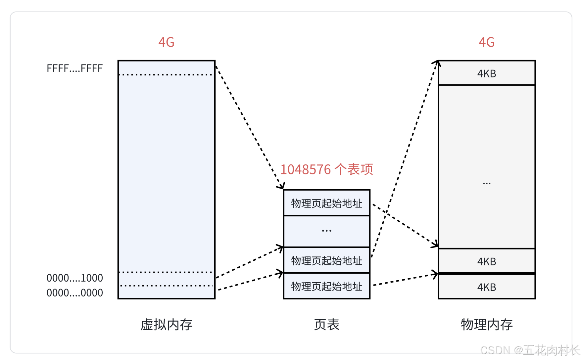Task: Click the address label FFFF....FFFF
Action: [74, 68]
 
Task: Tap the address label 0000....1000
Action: [74, 278]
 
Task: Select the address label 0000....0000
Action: [74, 293]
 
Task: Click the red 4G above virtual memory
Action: [166, 42]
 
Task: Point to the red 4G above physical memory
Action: [486, 42]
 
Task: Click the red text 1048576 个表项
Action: [326, 169]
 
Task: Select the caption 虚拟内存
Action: [166, 325]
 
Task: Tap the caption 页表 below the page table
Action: [326, 325]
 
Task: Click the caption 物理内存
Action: [486, 325]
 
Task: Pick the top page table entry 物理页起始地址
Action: [326, 203]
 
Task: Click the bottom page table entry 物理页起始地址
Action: [326, 286]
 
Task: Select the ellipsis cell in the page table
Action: [326, 231]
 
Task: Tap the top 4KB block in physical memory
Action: [486, 73]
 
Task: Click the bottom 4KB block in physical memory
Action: [486, 287]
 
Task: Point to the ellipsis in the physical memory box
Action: [486, 183]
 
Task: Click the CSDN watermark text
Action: [530, 350]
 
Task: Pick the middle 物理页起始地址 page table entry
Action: [326, 260]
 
